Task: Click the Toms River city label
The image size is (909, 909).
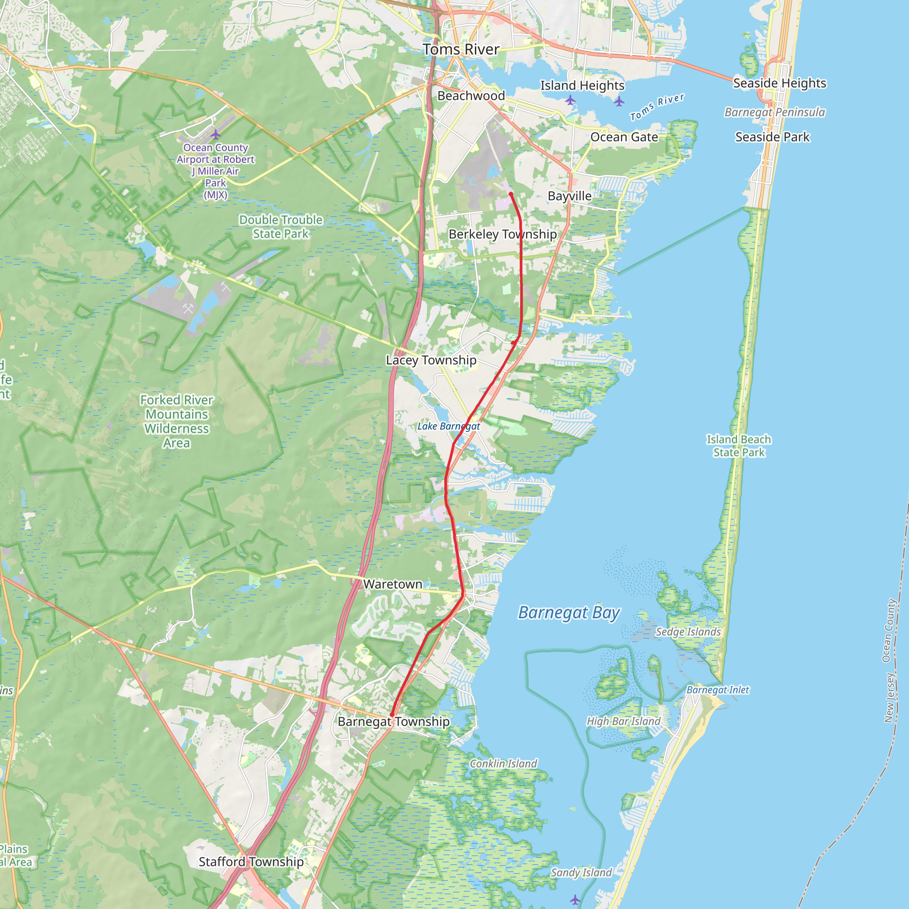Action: (461, 49)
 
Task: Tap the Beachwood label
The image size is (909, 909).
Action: (471, 96)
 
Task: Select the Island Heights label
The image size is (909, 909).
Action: (582, 86)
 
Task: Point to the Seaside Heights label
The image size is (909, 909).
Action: (779, 83)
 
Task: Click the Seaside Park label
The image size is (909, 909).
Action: (772, 137)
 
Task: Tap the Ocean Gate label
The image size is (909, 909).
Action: (624, 138)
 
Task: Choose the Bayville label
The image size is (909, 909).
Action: (569, 196)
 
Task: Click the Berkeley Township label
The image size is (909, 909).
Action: (502, 234)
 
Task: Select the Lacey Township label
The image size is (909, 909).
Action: (431, 360)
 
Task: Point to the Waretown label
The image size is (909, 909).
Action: (392, 585)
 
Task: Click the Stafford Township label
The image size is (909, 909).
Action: (251, 862)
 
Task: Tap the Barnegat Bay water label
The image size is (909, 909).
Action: (569, 613)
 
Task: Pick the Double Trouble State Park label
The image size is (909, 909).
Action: (281, 227)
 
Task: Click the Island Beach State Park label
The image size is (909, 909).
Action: (739, 446)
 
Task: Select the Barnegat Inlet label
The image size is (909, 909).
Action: (718, 690)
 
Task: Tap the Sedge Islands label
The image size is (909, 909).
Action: (688, 632)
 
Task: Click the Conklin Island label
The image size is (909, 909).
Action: (503, 763)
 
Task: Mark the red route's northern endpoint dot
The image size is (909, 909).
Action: (511, 194)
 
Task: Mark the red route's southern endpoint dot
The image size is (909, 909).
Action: (391, 715)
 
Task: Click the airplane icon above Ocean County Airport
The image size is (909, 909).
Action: (215, 134)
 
